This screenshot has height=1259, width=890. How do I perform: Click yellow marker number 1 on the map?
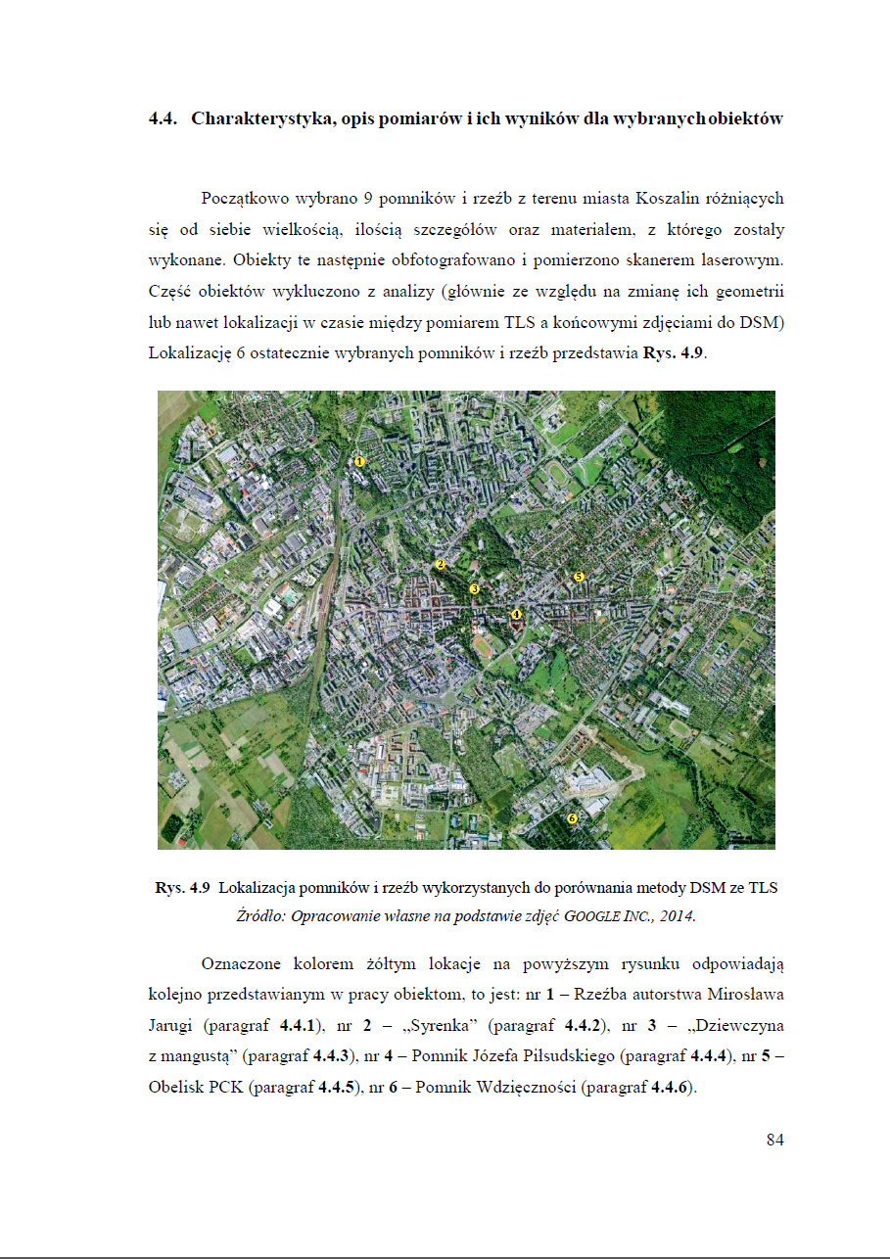[359, 460]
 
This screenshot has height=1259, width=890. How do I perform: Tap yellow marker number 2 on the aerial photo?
[441, 565]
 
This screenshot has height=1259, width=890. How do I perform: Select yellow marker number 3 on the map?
[474, 589]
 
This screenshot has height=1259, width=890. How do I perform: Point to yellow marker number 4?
[517, 614]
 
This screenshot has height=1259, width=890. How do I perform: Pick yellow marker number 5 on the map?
[579, 578]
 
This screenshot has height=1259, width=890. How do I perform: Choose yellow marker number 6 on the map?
[573, 817]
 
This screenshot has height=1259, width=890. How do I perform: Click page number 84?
[774, 1140]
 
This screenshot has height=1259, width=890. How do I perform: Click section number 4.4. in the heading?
[163, 119]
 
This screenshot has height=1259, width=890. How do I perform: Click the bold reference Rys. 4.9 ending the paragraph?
[673, 354]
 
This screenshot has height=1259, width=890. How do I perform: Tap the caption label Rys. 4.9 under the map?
[183, 889]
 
